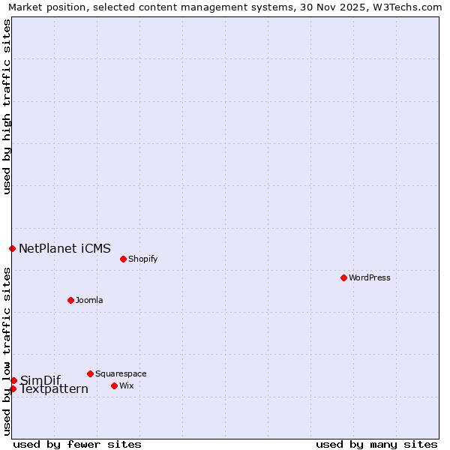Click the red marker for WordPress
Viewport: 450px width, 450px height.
[343, 277]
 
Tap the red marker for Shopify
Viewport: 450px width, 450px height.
[123, 259]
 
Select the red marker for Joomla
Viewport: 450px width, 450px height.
[70, 300]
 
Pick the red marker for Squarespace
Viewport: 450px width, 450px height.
[90, 373]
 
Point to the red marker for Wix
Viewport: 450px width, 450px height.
[114, 385]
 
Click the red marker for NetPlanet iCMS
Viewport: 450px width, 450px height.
[12, 248]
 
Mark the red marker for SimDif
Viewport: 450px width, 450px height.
[13, 380]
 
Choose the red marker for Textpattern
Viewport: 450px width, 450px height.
[13, 388]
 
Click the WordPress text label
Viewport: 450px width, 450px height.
[370, 277]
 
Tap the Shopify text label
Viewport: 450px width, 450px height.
[142, 259]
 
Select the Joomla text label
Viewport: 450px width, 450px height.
[89, 300]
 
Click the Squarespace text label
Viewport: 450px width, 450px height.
[121, 373]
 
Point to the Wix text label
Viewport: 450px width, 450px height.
[127, 385]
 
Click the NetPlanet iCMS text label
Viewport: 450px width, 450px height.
[64, 248]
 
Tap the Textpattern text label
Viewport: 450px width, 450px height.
[54, 389]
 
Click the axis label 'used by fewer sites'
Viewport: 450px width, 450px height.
[77, 444]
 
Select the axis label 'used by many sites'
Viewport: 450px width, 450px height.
[376, 444]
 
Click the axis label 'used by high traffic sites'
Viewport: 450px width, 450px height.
[7, 106]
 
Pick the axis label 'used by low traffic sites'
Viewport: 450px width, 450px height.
[7, 351]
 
